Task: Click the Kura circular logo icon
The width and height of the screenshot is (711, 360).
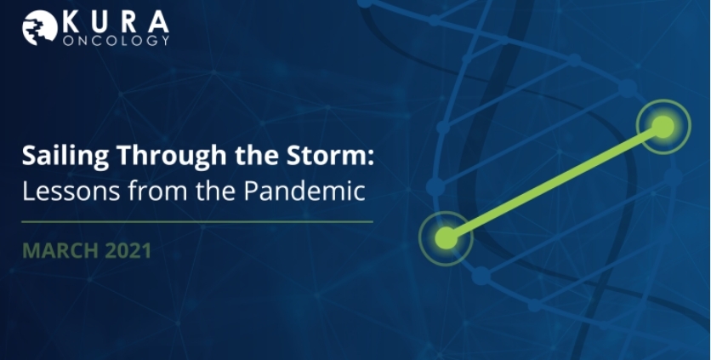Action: (x=40, y=28)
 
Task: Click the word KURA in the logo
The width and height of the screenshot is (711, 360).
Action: (x=116, y=22)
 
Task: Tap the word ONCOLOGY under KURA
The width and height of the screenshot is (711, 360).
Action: (x=116, y=40)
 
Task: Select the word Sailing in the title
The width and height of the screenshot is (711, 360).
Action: (x=65, y=156)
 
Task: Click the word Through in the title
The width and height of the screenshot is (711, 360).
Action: (x=172, y=156)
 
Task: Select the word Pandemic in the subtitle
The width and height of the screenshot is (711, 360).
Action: (x=304, y=191)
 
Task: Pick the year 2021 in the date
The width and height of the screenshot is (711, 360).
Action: (x=128, y=251)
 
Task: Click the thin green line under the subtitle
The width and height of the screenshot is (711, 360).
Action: (x=197, y=222)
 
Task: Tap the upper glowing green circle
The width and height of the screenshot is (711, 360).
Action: (x=663, y=127)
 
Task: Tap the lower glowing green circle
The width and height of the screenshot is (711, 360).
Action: (x=447, y=238)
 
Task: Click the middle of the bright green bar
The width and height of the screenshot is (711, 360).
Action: (x=555, y=182)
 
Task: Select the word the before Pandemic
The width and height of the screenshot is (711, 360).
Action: (x=216, y=191)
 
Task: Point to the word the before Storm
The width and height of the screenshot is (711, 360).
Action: (x=257, y=155)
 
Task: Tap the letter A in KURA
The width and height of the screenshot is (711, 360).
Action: (x=157, y=22)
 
